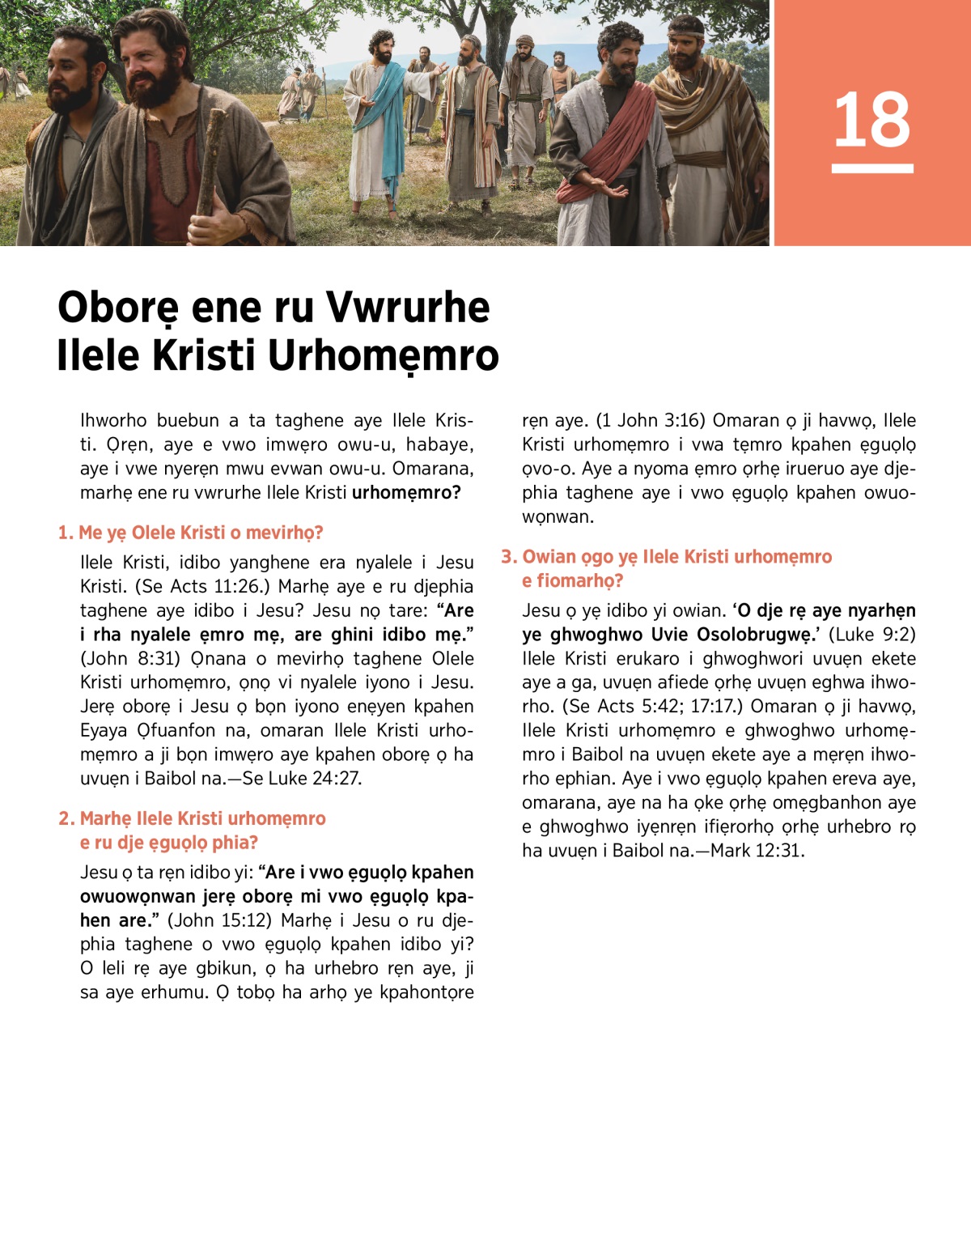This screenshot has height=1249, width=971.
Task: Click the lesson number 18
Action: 871,120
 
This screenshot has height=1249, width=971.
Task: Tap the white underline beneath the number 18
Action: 871,168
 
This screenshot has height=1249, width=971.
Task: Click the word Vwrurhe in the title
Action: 408,308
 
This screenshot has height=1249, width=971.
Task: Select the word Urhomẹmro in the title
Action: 383,355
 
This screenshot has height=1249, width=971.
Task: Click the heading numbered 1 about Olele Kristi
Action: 191,533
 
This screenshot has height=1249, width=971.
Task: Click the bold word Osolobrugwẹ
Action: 737,634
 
